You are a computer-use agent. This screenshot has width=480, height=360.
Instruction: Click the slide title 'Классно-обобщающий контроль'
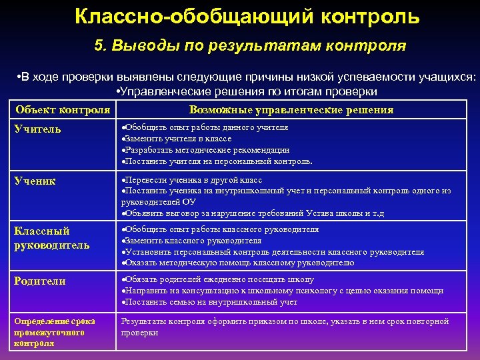coord(247,17)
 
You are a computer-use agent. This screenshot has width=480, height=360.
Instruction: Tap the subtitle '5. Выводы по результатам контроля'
coord(249,46)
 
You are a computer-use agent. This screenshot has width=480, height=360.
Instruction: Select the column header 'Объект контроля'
coord(63,110)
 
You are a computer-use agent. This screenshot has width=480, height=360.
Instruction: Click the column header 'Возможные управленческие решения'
coord(291,110)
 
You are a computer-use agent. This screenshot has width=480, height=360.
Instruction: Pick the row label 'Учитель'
coord(38,129)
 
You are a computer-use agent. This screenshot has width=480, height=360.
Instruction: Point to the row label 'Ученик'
coord(35,181)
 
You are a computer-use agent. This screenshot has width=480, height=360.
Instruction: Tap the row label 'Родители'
coord(40,281)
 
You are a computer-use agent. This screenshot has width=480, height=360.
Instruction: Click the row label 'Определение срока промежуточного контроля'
coord(55,332)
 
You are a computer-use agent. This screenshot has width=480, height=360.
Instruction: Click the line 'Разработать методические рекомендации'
coord(207,150)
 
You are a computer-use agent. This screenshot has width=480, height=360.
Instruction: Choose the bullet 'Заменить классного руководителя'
coord(193,241)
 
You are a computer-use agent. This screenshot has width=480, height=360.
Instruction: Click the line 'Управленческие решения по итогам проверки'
coord(247,91)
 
